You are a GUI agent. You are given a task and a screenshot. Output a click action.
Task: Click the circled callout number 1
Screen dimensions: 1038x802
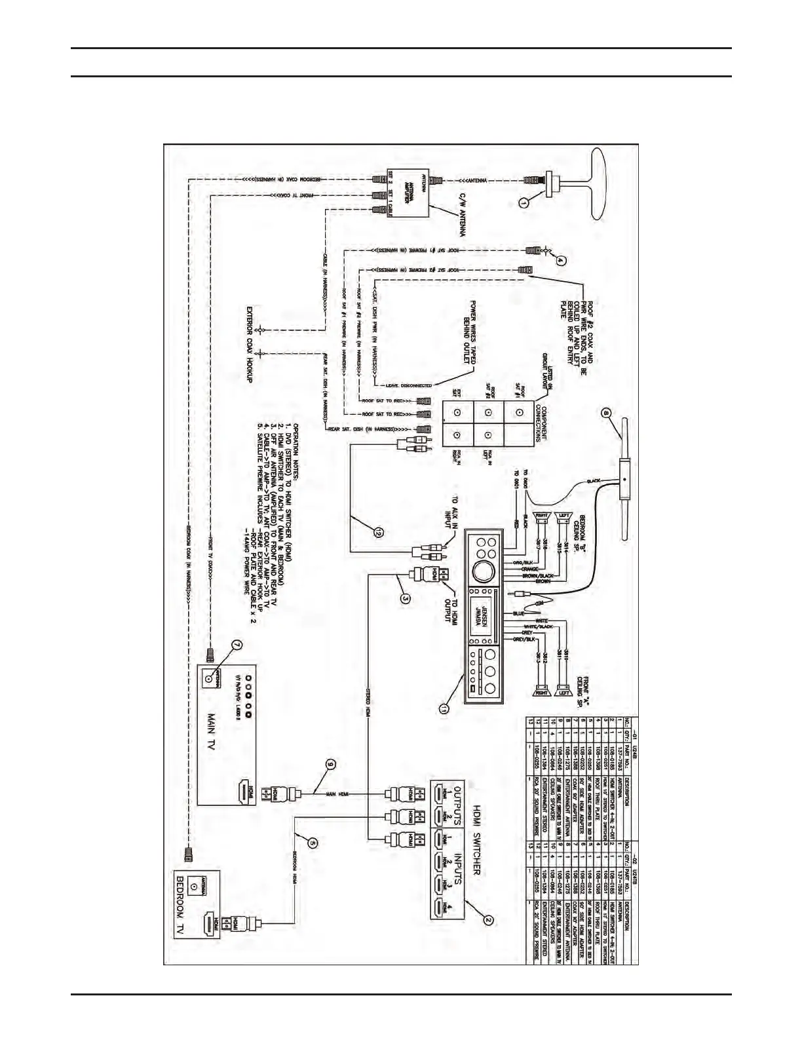(x=523, y=203)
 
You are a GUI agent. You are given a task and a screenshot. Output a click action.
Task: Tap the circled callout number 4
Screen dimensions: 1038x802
(x=560, y=259)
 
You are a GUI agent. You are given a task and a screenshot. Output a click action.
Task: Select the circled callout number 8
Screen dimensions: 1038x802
(x=606, y=413)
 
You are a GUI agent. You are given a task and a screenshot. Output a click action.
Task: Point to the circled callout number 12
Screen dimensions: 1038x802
(x=378, y=533)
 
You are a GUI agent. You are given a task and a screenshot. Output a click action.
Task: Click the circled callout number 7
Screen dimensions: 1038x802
(x=238, y=645)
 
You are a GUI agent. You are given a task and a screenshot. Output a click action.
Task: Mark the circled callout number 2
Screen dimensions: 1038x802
(x=487, y=919)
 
